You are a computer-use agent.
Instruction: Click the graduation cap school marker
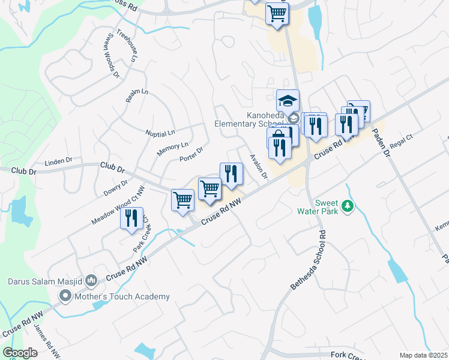[288, 100]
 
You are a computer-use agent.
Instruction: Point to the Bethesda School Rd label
[308, 260]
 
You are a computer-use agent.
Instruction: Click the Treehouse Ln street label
[127, 46]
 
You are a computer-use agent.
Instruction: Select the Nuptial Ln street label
[160, 132]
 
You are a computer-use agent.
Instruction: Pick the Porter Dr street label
[191, 155]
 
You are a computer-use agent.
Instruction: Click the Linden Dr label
[59, 161]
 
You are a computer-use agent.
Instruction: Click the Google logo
[20, 353]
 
